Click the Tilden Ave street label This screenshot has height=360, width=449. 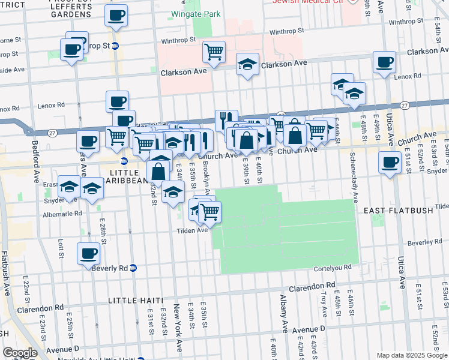tap(191, 230)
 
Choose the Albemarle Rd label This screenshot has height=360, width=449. tap(62, 213)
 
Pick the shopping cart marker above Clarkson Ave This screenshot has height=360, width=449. tap(214, 52)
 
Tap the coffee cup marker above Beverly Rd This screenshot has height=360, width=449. tap(88, 253)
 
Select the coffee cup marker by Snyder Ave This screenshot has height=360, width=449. tap(390, 161)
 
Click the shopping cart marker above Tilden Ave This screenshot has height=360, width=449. tap(209, 211)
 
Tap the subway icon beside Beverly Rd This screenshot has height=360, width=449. tap(133, 268)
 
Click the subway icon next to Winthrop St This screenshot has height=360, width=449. tap(115, 46)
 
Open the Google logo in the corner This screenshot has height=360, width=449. tap(20, 353)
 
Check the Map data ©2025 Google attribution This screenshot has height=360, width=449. tap(411, 355)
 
